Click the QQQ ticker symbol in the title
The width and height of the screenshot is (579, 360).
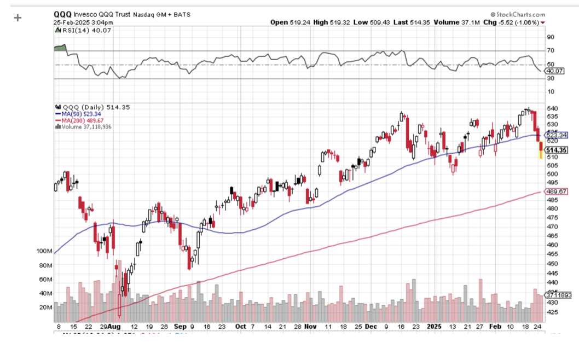tap(62, 14)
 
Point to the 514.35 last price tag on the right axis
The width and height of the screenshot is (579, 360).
tap(556, 150)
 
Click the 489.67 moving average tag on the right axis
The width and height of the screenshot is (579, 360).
tap(556, 191)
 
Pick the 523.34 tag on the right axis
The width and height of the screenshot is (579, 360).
tap(556, 135)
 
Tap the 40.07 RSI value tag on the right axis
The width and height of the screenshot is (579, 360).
tap(554, 71)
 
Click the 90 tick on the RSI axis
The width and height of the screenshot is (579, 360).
tap(550, 37)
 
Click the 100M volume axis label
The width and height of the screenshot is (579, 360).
tap(44, 251)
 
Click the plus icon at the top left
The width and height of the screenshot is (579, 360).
tap(18, 18)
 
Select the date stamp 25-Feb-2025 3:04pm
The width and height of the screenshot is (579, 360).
tap(83, 22)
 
